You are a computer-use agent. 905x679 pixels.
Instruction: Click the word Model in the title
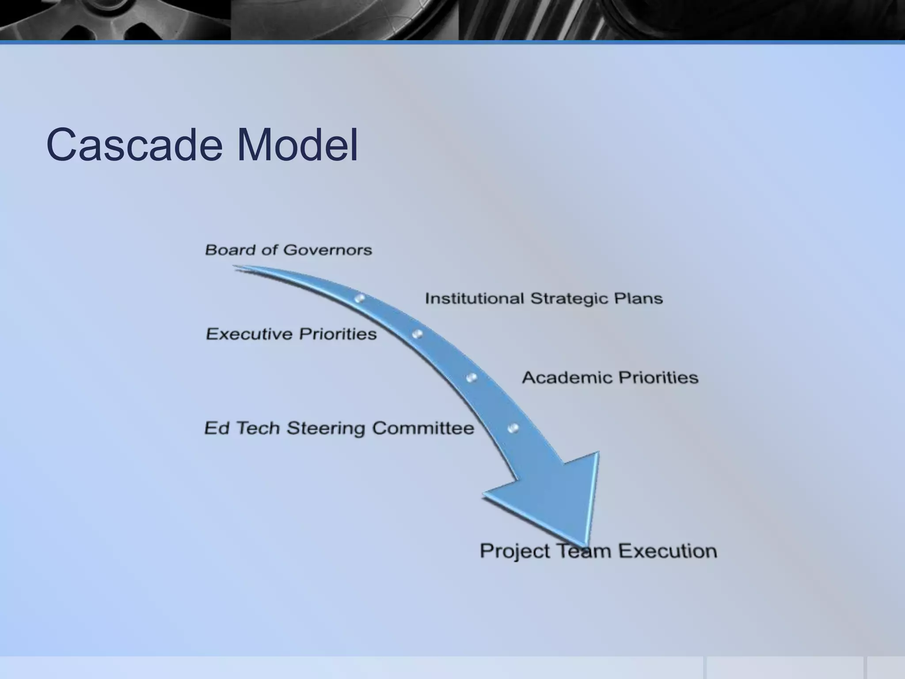click(297, 145)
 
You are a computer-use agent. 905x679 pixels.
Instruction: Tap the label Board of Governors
click(288, 250)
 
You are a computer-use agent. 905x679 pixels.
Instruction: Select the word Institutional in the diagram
click(474, 298)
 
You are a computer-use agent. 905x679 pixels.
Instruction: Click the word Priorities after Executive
click(338, 334)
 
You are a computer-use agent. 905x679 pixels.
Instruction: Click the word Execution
click(667, 551)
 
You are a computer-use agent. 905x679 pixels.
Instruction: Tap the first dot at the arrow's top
click(360, 298)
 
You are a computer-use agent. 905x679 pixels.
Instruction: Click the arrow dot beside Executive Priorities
click(417, 334)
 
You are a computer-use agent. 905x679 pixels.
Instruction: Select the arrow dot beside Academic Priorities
click(472, 378)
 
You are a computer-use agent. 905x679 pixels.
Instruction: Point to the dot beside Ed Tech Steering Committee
click(513, 428)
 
